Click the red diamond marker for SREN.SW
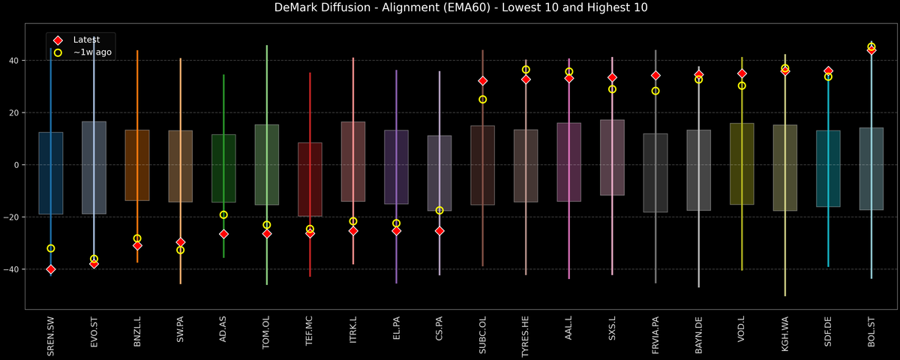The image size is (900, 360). [x=50, y=269]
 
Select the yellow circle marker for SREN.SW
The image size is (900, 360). [x=50, y=248]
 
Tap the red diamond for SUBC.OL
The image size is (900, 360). [x=483, y=81]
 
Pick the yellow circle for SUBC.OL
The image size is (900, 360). [x=483, y=99]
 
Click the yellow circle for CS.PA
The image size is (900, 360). [x=439, y=211]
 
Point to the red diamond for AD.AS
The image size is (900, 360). [x=223, y=234]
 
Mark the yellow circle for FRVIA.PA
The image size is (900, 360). [x=655, y=91]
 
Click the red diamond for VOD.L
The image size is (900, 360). [x=742, y=73]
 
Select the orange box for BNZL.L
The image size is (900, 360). [x=137, y=165]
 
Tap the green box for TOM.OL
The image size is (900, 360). [x=267, y=165]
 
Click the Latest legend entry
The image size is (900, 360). [x=83, y=40]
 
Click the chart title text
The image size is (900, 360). [x=450, y=8]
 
